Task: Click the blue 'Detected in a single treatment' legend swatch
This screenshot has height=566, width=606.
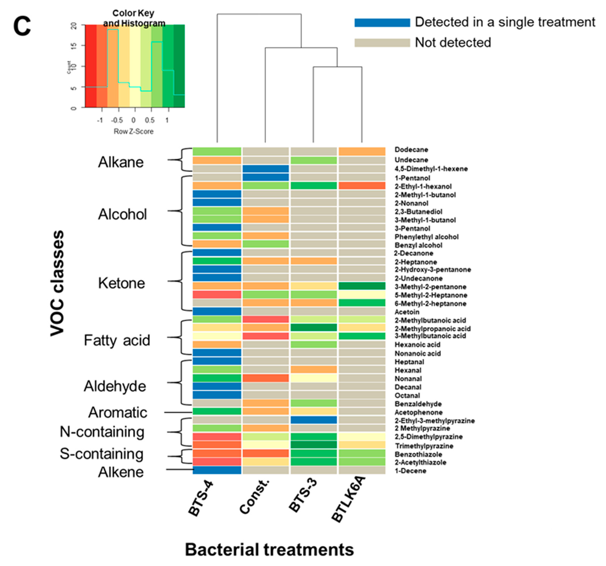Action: [x=382, y=23]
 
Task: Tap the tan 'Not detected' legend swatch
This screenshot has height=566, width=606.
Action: [x=382, y=43]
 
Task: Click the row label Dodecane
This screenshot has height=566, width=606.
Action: [x=411, y=150]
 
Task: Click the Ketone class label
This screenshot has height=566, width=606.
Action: [x=121, y=283]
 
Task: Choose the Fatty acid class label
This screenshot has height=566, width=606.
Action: [x=117, y=340]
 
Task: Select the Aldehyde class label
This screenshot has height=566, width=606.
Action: [x=115, y=386]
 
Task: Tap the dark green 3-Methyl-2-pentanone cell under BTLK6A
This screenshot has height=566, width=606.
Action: [x=362, y=286]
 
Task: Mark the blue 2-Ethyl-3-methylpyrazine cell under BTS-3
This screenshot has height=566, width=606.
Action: [x=314, y=420]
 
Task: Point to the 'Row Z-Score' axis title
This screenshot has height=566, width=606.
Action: [x=133, y=131]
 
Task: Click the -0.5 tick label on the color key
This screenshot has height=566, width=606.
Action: [x=117, y=121]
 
